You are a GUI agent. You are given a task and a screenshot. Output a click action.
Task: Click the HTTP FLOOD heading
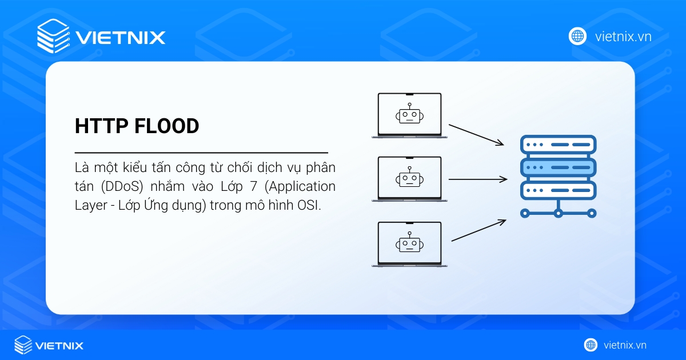click(x=137, y=126)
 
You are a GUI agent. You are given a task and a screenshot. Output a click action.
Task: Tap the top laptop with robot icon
click(x=409, y=115)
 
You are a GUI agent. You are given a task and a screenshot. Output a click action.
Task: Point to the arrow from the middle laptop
click(x=478, y=179)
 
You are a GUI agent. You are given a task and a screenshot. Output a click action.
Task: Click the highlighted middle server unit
click(x=558, y=167)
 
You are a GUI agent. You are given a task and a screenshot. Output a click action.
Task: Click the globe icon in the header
click(x=577, y=36)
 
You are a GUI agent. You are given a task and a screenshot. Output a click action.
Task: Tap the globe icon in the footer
click(x=591, y=345)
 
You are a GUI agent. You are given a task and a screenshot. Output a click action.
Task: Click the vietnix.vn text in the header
click(x=623, y=37)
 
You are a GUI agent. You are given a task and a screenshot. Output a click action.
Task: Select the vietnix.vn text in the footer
click(x=625, y=345)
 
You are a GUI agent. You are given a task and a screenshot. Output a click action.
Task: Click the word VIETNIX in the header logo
click(x=120, y=38)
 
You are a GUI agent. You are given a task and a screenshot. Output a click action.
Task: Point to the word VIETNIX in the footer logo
click(x=59, y=346)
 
